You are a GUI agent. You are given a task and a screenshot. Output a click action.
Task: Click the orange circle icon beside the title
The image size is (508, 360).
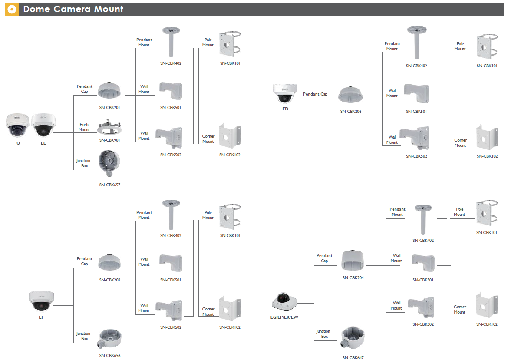click(12, 10)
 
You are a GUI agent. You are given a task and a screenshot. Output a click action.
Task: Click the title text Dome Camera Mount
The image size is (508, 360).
click(73, 9)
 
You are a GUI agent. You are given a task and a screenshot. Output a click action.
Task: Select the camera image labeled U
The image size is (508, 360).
click(17, 125)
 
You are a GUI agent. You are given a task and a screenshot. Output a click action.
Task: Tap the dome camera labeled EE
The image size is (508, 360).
click(44, 125)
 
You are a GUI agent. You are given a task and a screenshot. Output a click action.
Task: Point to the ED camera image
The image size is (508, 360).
click(285, 93)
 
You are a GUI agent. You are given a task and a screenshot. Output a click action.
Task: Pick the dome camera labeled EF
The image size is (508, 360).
click(41, 301)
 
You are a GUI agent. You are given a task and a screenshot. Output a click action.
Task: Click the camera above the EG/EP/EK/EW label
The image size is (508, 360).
click(284, 301)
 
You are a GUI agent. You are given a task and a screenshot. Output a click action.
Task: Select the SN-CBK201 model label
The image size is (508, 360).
click(109, 108)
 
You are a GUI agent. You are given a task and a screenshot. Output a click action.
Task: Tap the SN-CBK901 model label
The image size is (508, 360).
click(109, 140)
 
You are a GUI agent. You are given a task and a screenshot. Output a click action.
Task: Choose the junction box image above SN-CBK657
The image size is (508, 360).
click(109, 163)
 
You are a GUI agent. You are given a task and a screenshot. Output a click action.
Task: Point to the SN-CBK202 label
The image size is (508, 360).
click(110, 280)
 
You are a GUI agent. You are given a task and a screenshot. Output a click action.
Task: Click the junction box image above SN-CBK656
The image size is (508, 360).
click(109, 339)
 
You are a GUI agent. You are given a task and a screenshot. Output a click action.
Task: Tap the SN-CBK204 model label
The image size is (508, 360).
click(353, 277)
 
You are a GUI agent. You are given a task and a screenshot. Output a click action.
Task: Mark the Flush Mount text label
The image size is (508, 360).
click(84, 127)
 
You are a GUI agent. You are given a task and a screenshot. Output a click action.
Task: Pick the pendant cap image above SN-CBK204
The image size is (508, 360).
click(353, 261)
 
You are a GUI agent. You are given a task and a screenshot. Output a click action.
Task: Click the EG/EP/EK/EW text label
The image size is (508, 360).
click(284, 317)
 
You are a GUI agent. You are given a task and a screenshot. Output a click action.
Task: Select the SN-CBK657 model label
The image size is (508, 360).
click(109, 185)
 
